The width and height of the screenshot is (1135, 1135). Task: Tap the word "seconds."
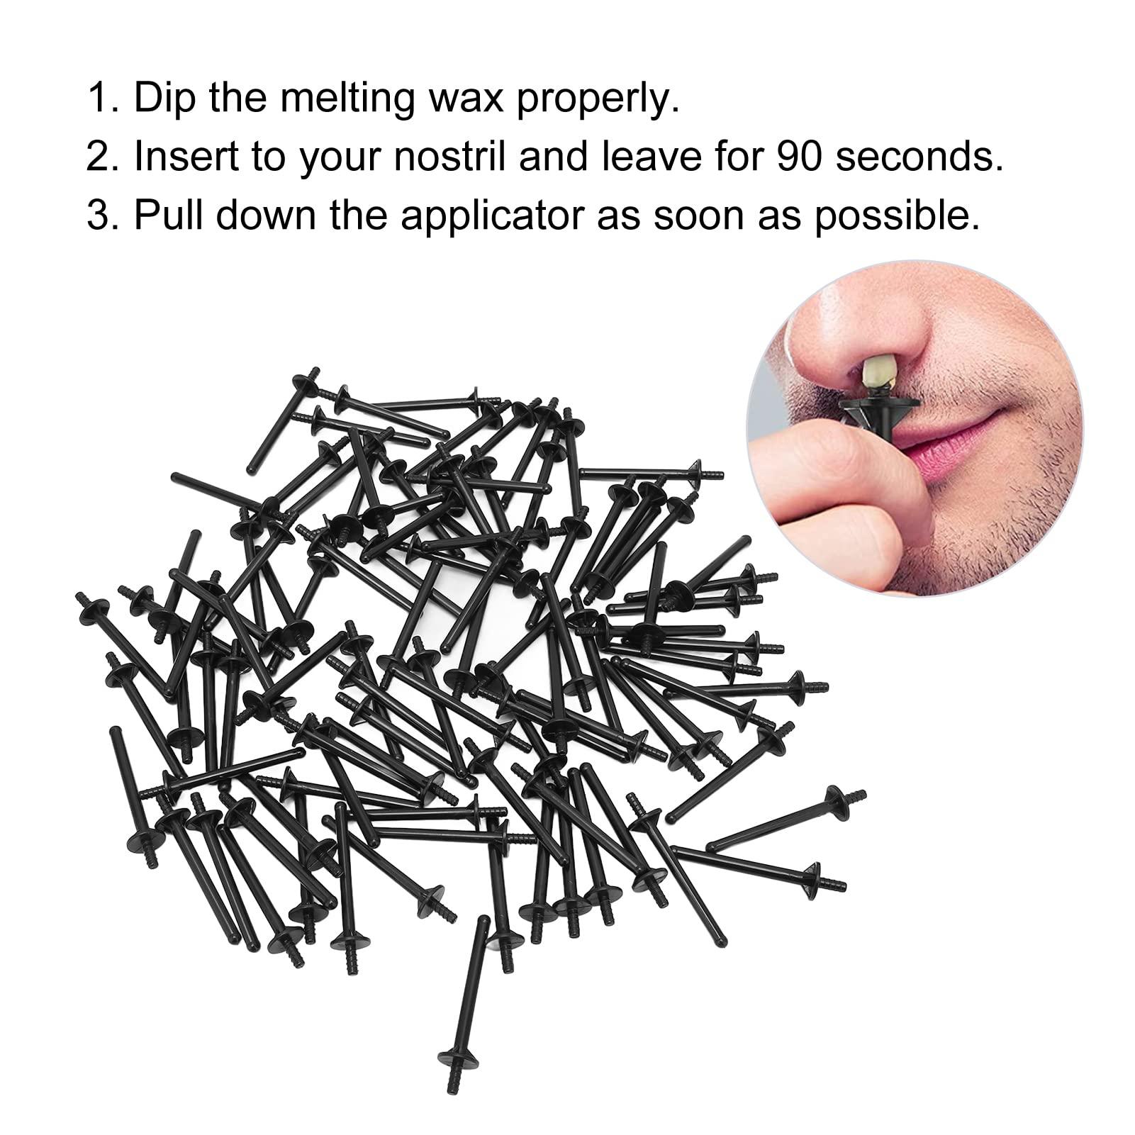(924, 157)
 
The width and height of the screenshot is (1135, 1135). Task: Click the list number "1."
(101, 99)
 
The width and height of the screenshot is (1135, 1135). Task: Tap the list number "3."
(101, 216)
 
